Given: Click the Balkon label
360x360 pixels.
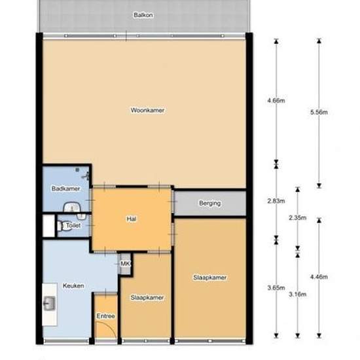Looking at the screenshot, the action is click(x=143, y=15).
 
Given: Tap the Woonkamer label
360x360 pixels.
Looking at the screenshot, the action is click(x=148, y=110).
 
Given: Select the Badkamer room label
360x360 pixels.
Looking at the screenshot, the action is click(x=66, y=189).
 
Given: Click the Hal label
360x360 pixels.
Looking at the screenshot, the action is click(x=132, y=219).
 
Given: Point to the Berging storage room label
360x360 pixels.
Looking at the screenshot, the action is click(x=210, y=203).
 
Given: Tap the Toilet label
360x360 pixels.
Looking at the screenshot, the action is click(x=73, y=225).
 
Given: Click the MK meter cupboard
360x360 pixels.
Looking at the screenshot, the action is click(x=126, y=264).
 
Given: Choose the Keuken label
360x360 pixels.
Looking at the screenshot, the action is click(x=73, y=286).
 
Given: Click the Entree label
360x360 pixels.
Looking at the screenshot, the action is click(x=105, y=316).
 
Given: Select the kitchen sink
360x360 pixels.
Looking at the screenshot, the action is click(x=49, y=304).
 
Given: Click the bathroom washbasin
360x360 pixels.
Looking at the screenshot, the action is click(x=73, y=207).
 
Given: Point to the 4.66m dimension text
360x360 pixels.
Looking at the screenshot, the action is click(x=276, y=101).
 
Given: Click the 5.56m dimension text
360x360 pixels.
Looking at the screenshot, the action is click(x=319, y=113).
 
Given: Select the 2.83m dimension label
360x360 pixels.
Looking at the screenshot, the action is click(x=276, y=201).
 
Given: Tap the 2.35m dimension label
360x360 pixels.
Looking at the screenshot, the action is click(x=298, y=218).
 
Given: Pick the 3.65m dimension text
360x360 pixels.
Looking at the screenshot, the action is click(x=276, y=288).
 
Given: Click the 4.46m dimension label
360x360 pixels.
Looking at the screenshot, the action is click(x=319, y=277).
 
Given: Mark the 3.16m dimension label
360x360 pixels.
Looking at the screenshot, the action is click(x=298, y=295).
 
